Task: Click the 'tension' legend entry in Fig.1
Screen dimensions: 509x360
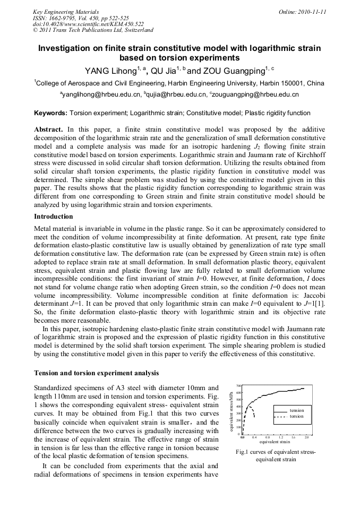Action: coord(297,411)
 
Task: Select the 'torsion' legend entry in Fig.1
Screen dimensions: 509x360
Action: coord(297,417)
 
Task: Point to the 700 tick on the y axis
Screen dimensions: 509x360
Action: coord(239,386)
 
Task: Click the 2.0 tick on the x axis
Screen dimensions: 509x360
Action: coord(306,437)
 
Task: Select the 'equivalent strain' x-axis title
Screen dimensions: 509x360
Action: coord(275,442)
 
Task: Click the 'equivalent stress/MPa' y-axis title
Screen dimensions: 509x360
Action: coord(232,411)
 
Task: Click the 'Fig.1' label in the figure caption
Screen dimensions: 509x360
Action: coord(244,452)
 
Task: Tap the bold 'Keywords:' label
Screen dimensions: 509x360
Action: coord(50,113)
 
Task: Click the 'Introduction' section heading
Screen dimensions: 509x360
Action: coord(54,217)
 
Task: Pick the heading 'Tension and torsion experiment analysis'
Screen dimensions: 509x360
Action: coord(96,373)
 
